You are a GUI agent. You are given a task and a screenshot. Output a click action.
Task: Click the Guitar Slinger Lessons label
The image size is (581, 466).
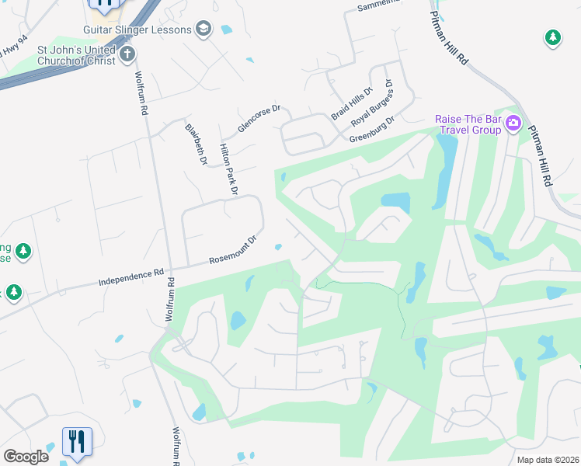[137, 30]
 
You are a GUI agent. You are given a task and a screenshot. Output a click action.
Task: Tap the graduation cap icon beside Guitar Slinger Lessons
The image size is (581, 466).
[204, 30]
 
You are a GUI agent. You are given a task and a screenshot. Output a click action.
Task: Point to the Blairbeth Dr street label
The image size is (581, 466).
[196, 144]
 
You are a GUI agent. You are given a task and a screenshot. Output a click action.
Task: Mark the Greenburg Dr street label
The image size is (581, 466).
[373, 130]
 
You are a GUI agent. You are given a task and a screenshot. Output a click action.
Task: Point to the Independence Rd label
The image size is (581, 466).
[132, 276]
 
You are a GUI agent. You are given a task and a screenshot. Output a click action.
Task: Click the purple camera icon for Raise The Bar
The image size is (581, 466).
[513, 123]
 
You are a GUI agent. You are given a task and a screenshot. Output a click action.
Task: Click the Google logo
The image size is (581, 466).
[26, 457]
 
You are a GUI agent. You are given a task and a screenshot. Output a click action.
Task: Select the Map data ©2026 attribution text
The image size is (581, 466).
[548, 460]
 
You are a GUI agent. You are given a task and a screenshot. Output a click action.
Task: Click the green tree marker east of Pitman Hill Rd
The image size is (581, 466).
[552, 37]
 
